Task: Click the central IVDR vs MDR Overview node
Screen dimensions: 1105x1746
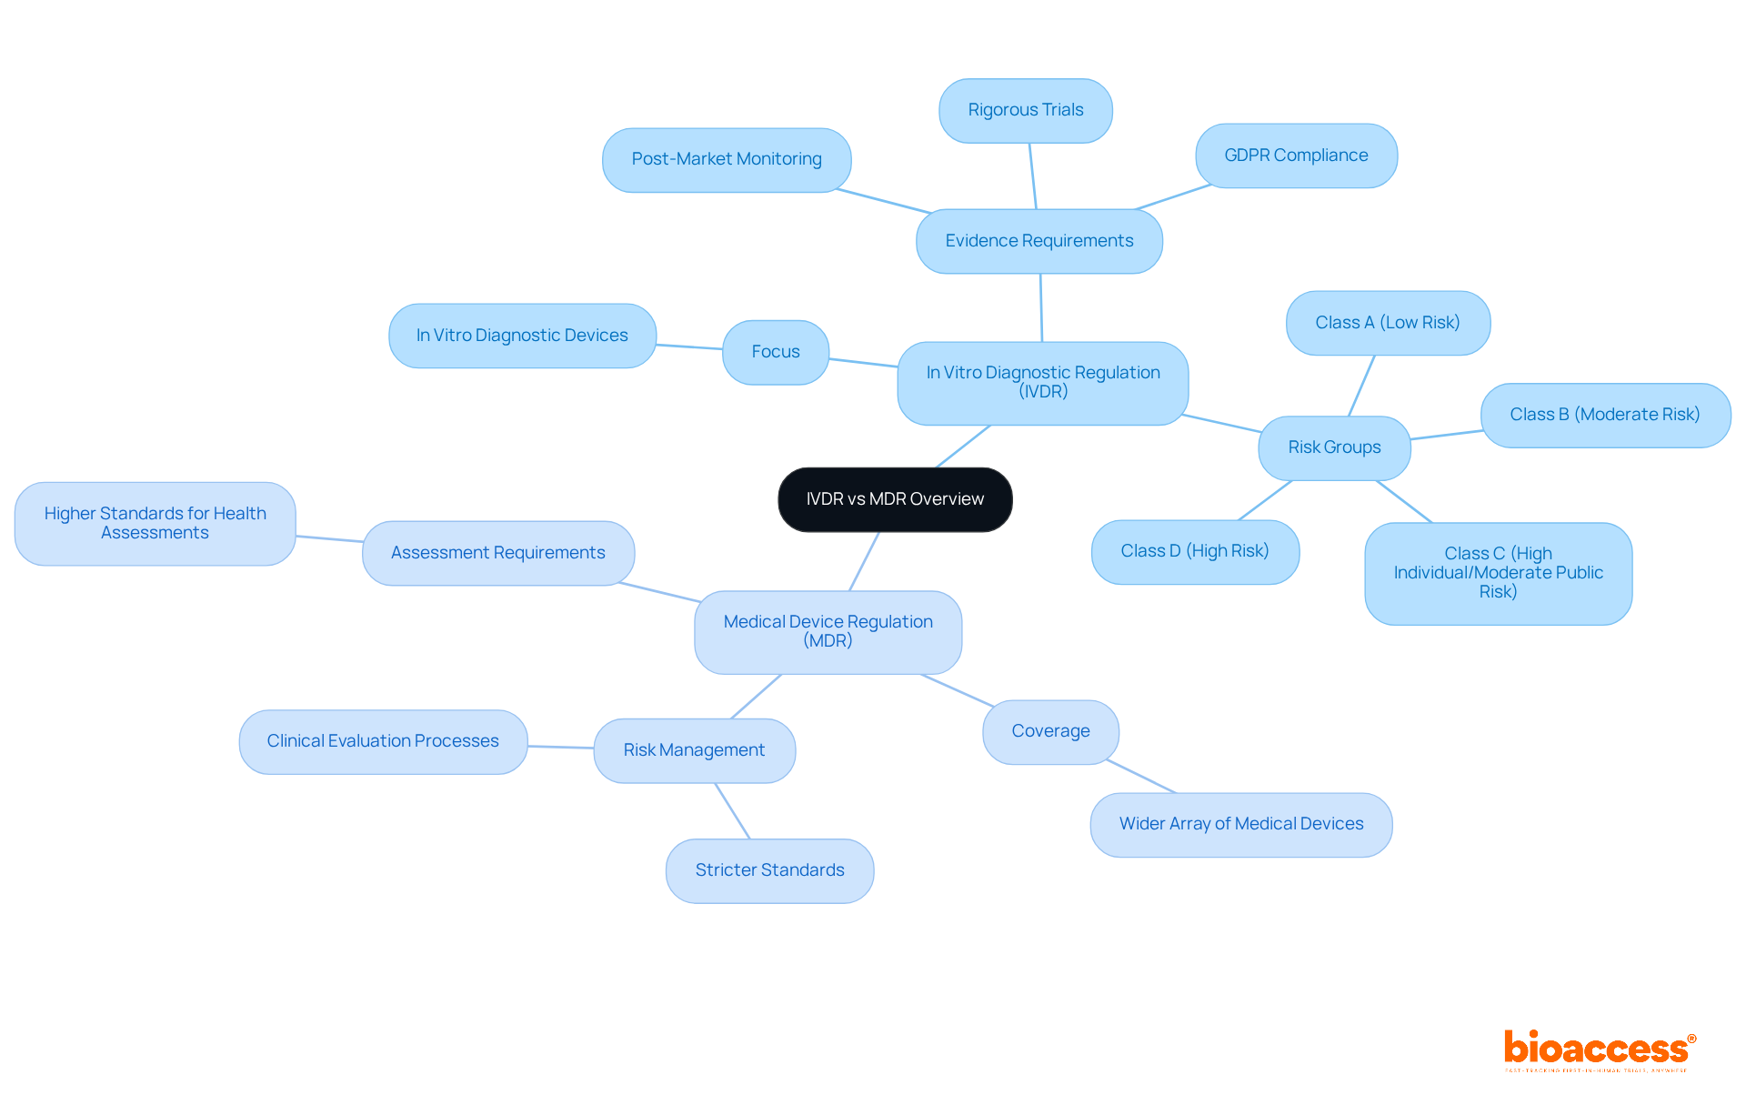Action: tap(895, 499)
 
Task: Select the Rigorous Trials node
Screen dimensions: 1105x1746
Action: tap(1025, 110)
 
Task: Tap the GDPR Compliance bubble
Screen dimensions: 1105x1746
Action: tap(1296, 156)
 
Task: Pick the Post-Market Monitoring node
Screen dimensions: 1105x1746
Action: tap(727, 159)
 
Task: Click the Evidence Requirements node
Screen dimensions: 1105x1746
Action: tap(1039, 241)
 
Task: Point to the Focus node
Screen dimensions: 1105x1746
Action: tap(775, 352)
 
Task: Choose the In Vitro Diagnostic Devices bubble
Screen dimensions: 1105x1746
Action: tap(522, 336)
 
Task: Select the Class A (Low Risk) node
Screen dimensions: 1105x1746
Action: tap(1387, 323)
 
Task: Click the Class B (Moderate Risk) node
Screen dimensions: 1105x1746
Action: tap(1604, 415)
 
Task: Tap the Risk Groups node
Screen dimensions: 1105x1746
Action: tap(1334, 447)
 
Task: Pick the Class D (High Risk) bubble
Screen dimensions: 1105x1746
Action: tap(1194, 551)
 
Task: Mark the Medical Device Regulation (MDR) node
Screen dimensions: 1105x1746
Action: tap(828, 631)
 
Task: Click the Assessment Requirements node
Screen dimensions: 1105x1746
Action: tap(497, 553)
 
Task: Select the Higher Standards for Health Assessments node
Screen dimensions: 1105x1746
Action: tap(155, 523)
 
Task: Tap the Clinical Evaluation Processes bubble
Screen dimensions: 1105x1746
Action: tap(383, 741)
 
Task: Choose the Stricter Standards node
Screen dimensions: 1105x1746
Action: tap(769, 870)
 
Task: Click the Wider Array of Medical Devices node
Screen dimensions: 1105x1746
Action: tap(1240, 824)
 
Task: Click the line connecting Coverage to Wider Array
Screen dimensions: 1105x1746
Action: tap(1142, 778)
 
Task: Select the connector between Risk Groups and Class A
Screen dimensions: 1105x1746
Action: tap(1361, 386)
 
